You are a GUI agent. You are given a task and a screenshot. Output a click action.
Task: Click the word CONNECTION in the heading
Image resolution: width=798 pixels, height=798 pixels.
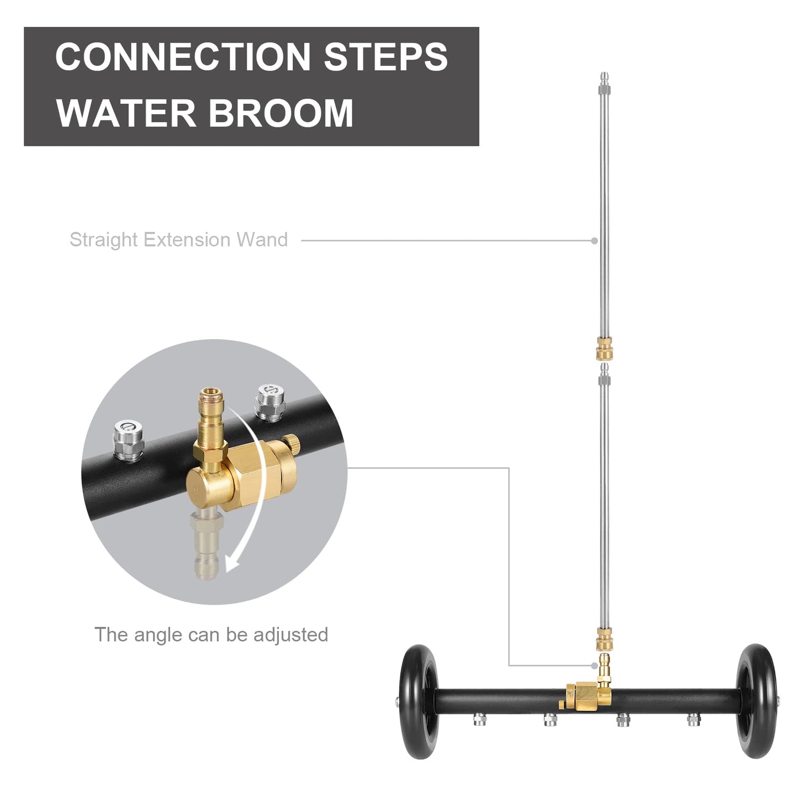pos(183,57)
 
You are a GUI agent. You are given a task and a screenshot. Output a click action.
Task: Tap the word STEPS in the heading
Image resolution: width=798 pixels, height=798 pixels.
pos(385,57)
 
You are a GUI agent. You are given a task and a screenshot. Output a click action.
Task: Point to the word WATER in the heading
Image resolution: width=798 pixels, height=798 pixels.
pos(126,113)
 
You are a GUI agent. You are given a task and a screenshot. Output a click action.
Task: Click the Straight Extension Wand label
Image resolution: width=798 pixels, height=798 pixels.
pos(178,240)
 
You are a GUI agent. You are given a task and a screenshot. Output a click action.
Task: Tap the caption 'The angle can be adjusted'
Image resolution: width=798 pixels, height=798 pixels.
pos(211,635)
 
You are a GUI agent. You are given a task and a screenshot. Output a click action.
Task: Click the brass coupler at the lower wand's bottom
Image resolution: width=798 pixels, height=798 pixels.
pos(604,640)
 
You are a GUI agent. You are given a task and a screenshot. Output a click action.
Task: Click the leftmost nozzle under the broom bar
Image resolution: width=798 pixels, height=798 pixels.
pos(479,718)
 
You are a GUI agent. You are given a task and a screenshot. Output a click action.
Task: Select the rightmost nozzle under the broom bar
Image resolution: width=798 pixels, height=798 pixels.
pos(694,718)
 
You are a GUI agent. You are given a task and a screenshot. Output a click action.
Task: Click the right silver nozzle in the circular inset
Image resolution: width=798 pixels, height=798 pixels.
pos(270,401)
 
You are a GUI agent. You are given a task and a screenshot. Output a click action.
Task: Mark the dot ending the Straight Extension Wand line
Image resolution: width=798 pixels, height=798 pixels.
pos(594,241)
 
